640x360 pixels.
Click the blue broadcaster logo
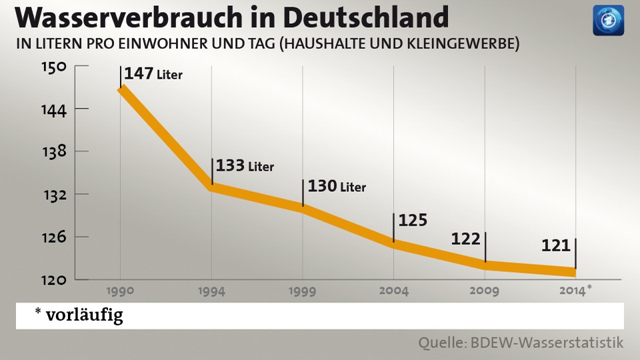tap(608, 21)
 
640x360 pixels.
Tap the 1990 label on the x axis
tap(121, 291)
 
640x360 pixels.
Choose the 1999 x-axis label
tap(303, 291)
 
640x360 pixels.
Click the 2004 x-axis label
tap(393, 291)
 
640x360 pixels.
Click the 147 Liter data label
tap(153, 73)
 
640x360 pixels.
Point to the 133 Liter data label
tap(245, 165)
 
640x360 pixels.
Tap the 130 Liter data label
tap(337, 186)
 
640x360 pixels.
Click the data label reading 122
tap(465, 239)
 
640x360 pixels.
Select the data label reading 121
tap(556, 245)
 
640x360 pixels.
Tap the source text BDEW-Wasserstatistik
tap(548, 343)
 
